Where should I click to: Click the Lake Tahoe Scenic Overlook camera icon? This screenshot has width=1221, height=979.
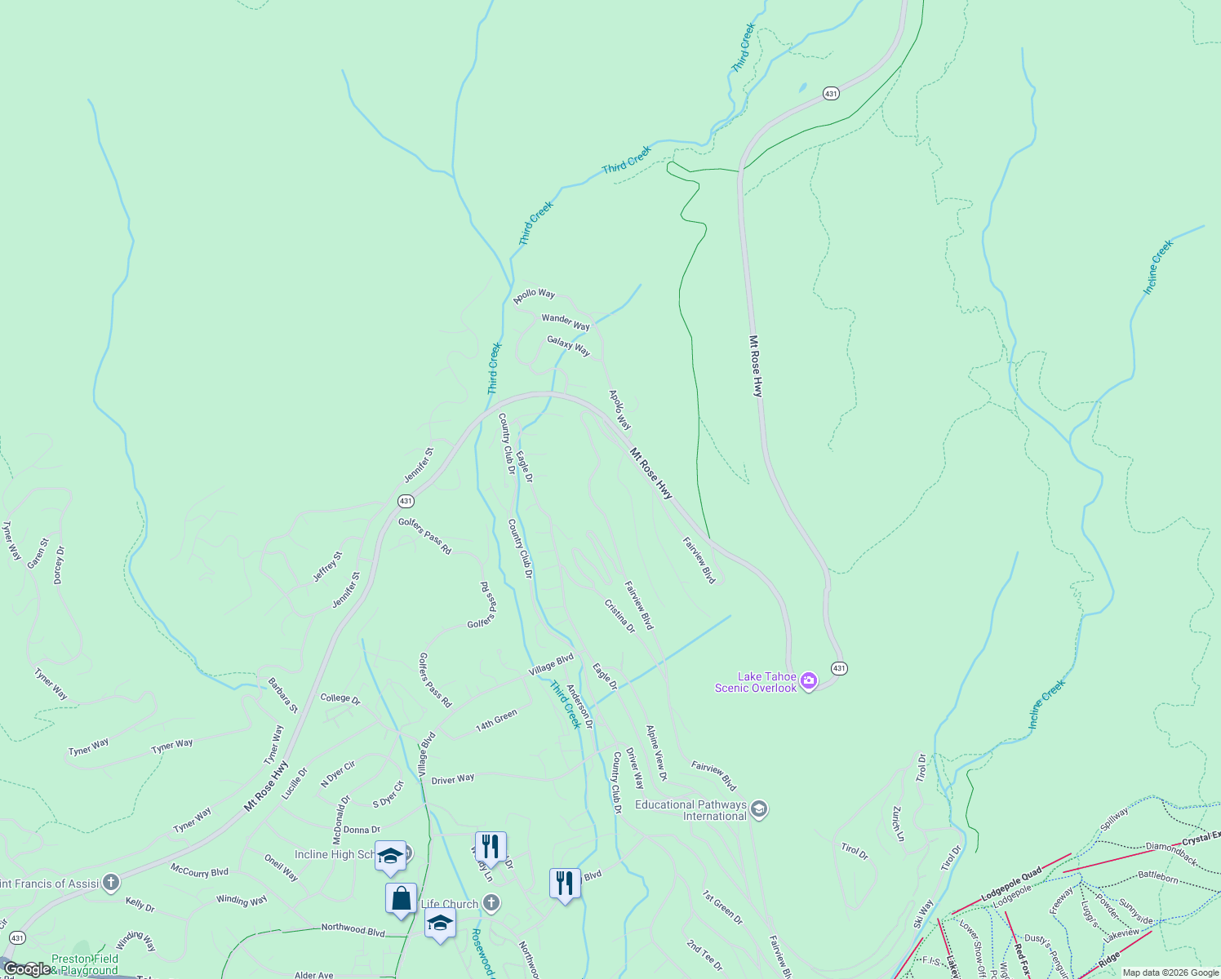point(809,681)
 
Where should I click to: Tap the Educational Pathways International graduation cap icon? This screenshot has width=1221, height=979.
point(759,809)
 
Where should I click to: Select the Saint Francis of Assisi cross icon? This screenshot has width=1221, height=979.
point(111,883)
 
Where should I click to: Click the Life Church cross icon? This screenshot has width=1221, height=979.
point(491,902)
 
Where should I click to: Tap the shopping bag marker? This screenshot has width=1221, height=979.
point(401,899)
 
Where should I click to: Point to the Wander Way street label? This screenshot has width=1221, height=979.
point(566,321)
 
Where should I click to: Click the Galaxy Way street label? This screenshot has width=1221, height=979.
point(568,346)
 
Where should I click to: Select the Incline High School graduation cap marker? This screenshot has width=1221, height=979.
point(390,856)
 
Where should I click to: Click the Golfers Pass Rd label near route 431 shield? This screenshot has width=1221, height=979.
point(424,536)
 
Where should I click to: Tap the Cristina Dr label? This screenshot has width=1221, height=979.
point(619,616)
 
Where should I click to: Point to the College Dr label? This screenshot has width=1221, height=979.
point(340,698)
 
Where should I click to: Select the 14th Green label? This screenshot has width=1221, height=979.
point(496,720)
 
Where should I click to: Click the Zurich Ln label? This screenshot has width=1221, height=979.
point(898,824)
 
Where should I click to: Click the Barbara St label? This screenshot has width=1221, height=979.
point(283,694)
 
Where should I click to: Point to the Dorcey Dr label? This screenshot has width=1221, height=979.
point(58,565)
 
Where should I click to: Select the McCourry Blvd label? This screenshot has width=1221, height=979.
point(199,871)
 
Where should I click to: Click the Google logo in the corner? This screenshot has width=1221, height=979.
point(26,969)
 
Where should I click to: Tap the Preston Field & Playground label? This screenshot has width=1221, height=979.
point(85,964)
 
